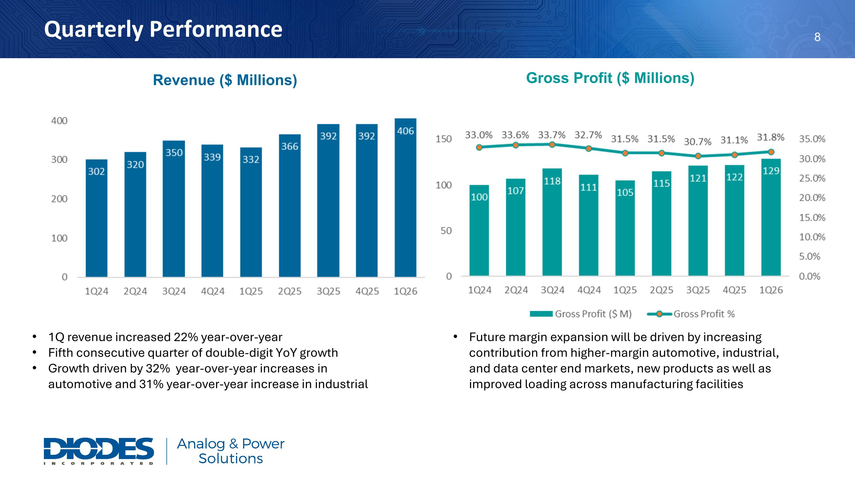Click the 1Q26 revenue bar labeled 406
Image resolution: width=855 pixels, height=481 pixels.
(405, 198)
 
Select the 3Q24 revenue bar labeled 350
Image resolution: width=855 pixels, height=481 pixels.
(174, 209)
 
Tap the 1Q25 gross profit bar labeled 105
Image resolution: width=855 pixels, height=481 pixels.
(625, 228)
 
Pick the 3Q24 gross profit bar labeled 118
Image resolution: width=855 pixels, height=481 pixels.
(552, 222)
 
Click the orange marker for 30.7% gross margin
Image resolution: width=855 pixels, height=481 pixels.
(698, 156)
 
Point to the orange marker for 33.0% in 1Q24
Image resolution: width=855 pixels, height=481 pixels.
(479, 147)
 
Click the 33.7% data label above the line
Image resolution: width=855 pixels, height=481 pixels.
(552, 135)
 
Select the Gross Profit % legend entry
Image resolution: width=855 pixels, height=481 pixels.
(691, 314)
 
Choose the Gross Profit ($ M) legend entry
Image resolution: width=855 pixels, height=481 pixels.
(581, 314)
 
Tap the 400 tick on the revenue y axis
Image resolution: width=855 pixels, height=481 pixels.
(59, 121)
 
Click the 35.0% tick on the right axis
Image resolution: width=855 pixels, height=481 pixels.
(812, 139)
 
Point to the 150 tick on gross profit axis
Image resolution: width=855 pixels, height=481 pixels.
(444, 139)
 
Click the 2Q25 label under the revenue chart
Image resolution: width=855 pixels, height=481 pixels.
(290, 291)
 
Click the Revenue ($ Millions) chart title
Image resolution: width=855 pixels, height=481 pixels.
(225, 80)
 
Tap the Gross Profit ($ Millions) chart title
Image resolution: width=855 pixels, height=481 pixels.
(610, 78)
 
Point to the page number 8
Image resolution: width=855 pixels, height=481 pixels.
(817, 37)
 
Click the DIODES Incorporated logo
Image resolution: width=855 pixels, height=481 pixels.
(99, 451)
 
